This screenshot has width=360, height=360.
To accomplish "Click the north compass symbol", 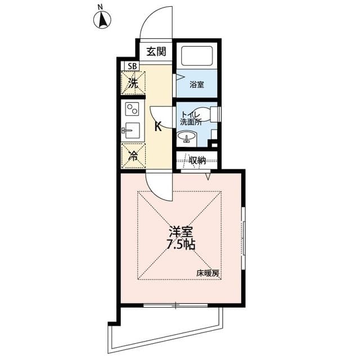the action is (102, 20).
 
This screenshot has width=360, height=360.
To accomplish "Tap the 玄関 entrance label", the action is (156, 52).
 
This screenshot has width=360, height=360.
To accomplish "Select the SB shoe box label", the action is (132, 66).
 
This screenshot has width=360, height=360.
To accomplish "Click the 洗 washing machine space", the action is (133, 83).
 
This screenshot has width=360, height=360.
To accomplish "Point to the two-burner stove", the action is (132, 109).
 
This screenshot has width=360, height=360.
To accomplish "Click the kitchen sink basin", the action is (133, 130).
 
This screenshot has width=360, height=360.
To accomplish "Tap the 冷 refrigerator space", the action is (133, 156).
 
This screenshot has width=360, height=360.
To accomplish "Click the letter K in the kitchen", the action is (158, 126).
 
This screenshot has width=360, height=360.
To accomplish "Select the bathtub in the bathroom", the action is (197, 56).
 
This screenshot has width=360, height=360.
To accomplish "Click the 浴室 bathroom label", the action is (197, 85).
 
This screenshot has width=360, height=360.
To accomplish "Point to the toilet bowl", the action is (206, 115).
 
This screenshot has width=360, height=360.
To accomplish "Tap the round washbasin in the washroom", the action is (186, 137).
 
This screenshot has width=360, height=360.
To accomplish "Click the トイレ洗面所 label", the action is (191, 118).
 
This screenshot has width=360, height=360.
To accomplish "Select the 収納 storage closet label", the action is (197, 160).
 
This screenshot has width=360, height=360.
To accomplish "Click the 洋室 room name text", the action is (181, 232).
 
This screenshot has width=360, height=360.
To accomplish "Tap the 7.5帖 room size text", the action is (181, 245).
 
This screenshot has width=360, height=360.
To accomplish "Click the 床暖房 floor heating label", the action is (208, 273).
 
